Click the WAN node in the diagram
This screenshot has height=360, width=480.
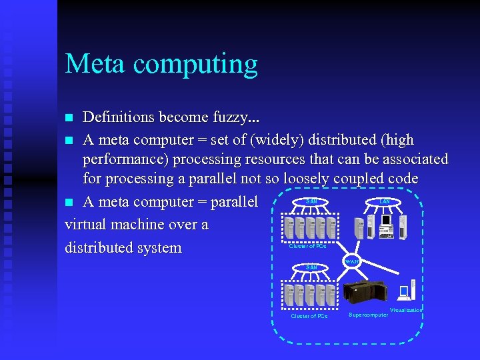pos(352,261)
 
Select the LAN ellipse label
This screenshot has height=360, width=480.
pos(385,201)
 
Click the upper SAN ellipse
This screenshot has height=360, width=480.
pos(311,201)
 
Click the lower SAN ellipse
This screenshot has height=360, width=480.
pos(311,267)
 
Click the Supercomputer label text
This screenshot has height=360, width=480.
pos(368,315)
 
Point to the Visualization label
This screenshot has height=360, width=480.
pos(406,310)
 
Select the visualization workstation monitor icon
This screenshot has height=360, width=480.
pos(403,290)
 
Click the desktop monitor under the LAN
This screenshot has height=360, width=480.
pos(385,220)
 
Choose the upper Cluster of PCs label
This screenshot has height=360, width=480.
pos(307,246)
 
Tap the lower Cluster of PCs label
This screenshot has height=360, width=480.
pos(309,316)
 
